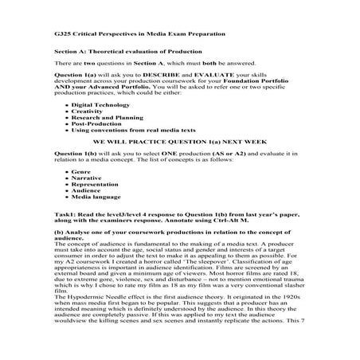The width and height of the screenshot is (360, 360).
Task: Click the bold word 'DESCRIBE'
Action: pyautogui.click(x=167, y=77)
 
